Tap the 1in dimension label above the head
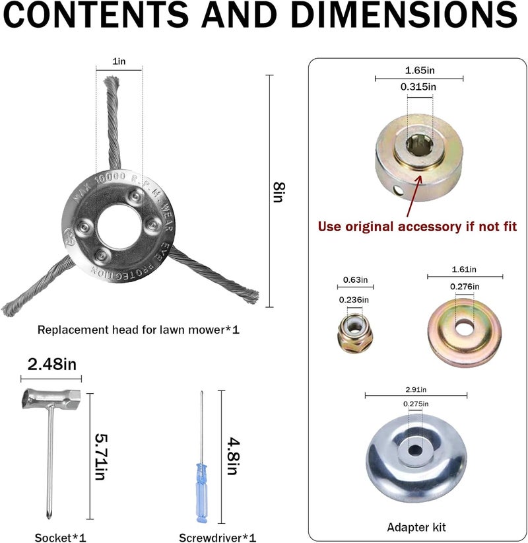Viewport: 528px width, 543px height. pyautogui.click(x=119, y=61)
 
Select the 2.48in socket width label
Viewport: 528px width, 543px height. pyautogui.click(x=52, y=364)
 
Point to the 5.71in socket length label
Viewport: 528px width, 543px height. pyautogui.click(x=101, y=456)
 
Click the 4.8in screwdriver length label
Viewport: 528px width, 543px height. pyautogui.click(x=233, y=456)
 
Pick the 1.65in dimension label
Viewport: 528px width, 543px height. pyautogui.click(x=420, y=70)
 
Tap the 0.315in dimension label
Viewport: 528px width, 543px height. pyautogui.click(x=418, y=87)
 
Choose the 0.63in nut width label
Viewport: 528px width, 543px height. pyautogui.click(x=355, y=280)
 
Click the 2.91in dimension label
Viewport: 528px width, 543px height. pyautogui.click(x=416, y=390)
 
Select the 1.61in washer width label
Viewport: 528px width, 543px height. pyautogui.click(x=464, y=270)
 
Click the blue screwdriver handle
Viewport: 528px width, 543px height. pyautogui.click(x=202, y=492)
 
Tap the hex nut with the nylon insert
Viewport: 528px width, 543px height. pyautogui.click(x=354, y=333)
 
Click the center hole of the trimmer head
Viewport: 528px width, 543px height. pyautogui.click(x=119, y=227)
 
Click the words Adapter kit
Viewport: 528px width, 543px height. pyautogui.click(x=416, y=527)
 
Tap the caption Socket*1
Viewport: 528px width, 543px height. pyautogui.click(x=60, y=538)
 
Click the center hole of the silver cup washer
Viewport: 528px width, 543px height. pyautogui.click(x=416, y=451)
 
